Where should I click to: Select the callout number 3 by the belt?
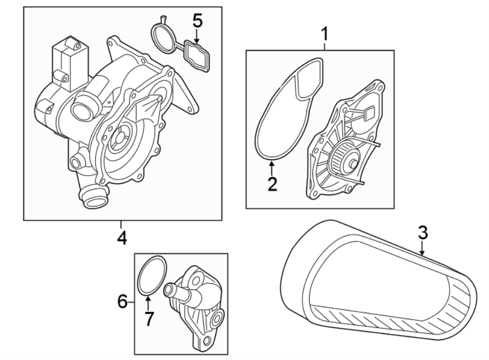point(423,233)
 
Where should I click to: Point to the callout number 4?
point(122,238)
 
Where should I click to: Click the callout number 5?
point(197,22)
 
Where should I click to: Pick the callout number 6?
point(122,300)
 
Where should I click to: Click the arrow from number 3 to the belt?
point(423,249)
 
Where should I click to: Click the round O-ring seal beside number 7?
point(152,276)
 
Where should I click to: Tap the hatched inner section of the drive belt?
point(391,320)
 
